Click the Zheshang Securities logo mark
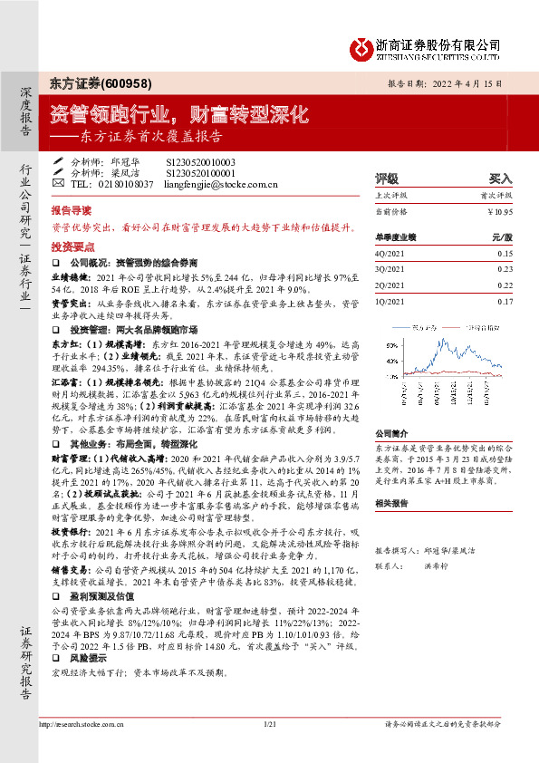click(x=361, y=46)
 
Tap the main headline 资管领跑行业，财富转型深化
click(x=178, y=116)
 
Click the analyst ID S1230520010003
click(x=200, y=161)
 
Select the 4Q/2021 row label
click(x=388, y=254)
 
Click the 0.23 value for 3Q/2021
click(x=505, y=269)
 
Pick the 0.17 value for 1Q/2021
click(x=505, y=300)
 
